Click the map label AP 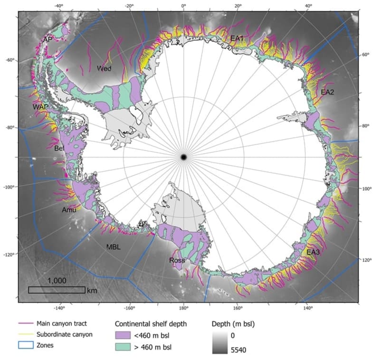[47, 39]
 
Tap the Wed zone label [104, 68]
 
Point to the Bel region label [59, 149]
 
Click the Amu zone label [69, 209]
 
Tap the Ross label [177, 260]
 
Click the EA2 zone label [328, 92]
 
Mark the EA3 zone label [313, 252]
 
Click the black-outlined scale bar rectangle [57, 290]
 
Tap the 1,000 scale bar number [57, 281]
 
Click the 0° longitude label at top [184, 6]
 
